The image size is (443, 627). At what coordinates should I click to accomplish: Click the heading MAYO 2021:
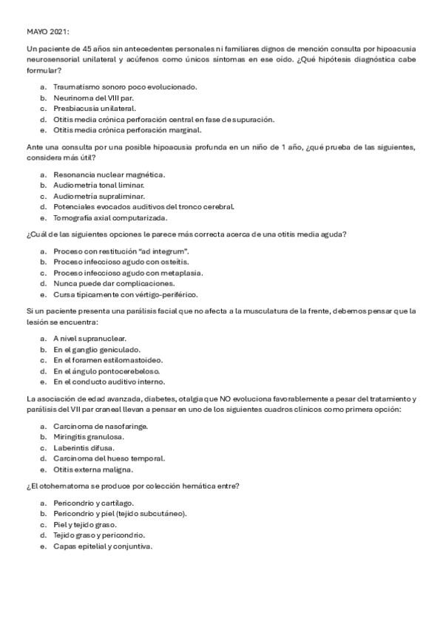tap(48, 32)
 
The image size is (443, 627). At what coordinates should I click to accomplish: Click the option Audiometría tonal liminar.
tap(103, 185)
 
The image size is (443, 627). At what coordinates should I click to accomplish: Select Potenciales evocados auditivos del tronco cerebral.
tap(143, 207)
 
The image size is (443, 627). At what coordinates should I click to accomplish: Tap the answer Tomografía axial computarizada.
tap(110, 218)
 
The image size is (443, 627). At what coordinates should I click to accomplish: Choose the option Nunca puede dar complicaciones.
tap(114, 283)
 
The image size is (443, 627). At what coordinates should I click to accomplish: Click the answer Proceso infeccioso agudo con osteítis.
tap(121, 262)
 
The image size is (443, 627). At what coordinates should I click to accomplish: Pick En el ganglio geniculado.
tap(96, 349)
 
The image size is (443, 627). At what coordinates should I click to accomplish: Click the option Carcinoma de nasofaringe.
tap(100, 426)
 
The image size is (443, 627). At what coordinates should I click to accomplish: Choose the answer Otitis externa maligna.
tap(92, 470)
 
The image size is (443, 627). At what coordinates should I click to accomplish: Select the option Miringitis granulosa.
tap(89, 437)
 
